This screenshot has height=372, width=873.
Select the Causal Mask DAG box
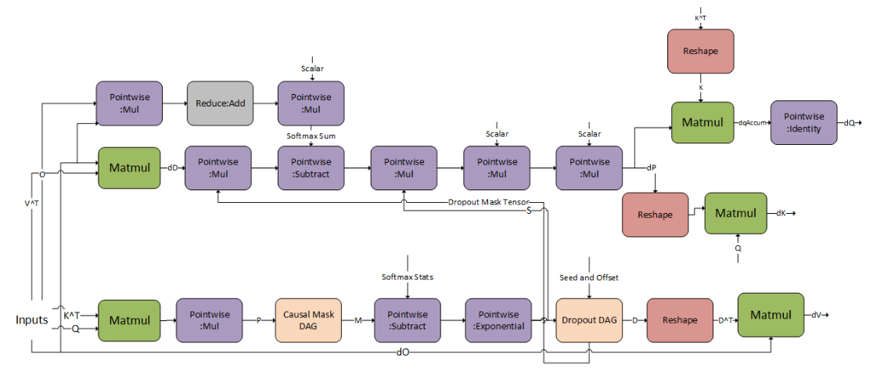[309, 320]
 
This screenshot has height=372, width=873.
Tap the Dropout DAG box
[589, 320]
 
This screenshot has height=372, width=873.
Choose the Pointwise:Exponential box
[498, 320]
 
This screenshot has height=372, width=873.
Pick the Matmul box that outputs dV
[771, 316]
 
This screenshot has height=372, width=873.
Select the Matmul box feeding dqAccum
[702, 123]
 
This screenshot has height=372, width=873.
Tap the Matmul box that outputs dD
[130, 168]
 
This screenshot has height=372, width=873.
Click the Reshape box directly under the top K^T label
[700, 52]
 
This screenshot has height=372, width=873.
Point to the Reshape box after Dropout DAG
[680, 320]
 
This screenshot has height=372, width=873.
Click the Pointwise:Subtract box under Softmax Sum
[311, 168]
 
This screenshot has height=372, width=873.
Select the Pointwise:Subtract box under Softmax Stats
[407, 320]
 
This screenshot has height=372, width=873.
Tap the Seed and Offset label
[590, 278]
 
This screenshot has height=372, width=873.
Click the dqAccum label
[752, 123]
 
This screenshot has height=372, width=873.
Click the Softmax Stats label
[407, 277]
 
